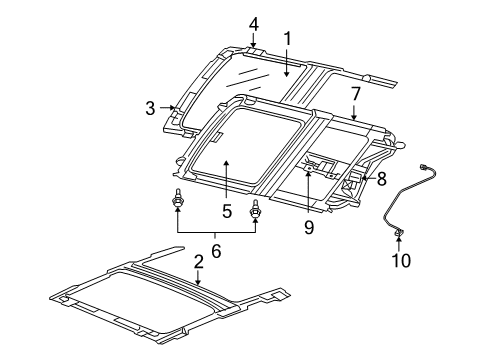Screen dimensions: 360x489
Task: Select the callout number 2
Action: tap(198, 261)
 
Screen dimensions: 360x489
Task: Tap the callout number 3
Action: tap(149, 108)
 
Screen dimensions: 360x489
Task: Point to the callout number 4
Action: tap(253, 23)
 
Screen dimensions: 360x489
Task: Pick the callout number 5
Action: tap(227, 211)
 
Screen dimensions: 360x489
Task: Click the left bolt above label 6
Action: tap(178, 202)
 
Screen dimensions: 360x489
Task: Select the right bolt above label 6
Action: tap(256, 210)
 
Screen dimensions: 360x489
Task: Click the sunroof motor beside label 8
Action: tap(352, 181)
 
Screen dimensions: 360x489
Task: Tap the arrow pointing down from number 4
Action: tap(253, 40)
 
